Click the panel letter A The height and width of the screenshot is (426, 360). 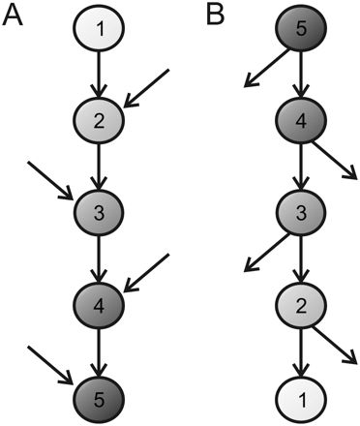point(15,17)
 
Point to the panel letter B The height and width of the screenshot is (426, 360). point(216,17)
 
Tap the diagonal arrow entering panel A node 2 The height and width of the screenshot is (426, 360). point(148,88)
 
